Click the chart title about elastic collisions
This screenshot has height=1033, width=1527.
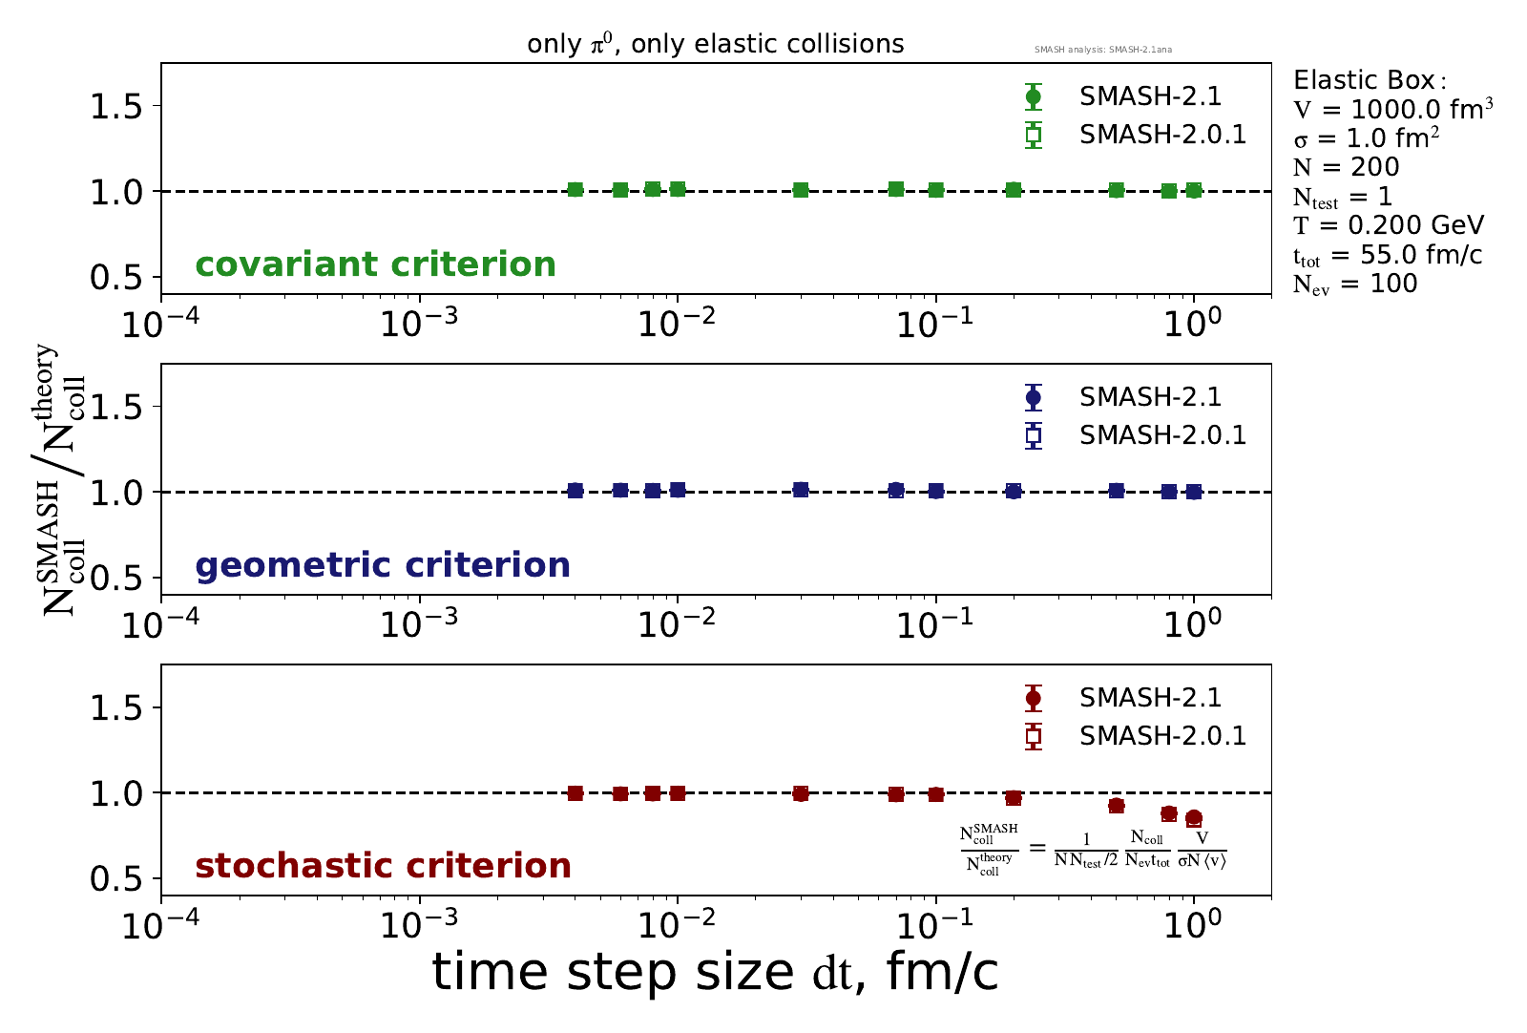tap(715, 44)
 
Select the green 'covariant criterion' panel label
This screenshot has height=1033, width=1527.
tap(375, 264)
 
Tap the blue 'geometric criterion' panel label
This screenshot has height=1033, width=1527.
tap(383, 565)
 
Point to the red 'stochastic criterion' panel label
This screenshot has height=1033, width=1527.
tap(383, 866)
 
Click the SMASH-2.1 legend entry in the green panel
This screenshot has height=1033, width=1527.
tap(1150, 96)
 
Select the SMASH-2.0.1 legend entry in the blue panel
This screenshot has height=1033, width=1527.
tap(1162, 435)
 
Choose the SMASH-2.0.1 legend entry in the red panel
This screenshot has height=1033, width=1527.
tap(1162, 736)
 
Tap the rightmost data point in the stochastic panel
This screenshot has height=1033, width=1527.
tap(1193, 818)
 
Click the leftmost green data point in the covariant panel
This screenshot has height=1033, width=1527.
tap(575, 190)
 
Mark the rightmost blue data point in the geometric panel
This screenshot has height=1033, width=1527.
tap(1193, 492)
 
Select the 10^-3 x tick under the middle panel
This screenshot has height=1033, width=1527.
tap(420, 622)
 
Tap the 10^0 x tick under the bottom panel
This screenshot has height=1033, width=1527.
tap(1193, 923)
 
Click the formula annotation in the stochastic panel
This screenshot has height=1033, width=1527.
tap(1093, 849)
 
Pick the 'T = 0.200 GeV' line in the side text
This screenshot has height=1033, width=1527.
tap(1389, 225)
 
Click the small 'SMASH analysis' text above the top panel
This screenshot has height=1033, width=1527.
tap(1102, 50)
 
